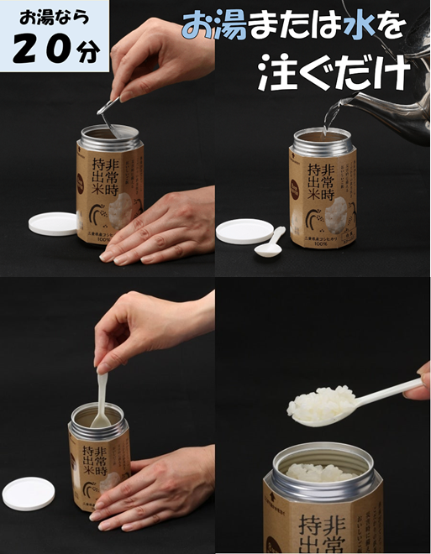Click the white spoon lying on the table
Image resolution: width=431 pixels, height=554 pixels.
pyautogui.click(x=271, y=244)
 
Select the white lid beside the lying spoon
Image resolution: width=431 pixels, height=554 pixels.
pyautogui.click(x=245, y=231)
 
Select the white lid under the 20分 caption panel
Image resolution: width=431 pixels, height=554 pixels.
pyautogui.click(x=53, y=222)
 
